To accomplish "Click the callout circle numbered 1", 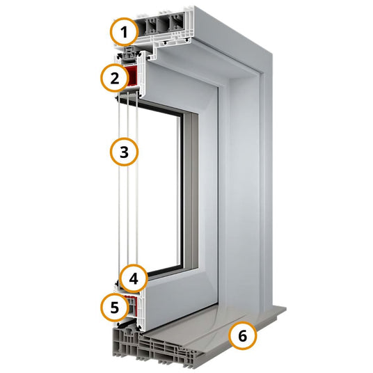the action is [124, 32].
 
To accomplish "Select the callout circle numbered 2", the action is [114, 78].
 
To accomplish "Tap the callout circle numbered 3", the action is [124, 152].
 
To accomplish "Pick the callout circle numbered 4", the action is [134, 278].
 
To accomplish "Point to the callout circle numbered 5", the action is [114, 307].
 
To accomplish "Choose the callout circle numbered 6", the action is [243, 336].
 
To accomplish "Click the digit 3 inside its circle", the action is [124, 152].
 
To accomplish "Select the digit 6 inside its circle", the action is [243, 336].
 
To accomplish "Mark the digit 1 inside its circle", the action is [124, 32].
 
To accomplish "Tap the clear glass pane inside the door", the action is [159, 188].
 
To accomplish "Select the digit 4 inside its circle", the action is [134, 278].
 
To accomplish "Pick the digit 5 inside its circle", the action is [114, 308].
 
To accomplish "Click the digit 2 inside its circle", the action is [114, 78].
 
